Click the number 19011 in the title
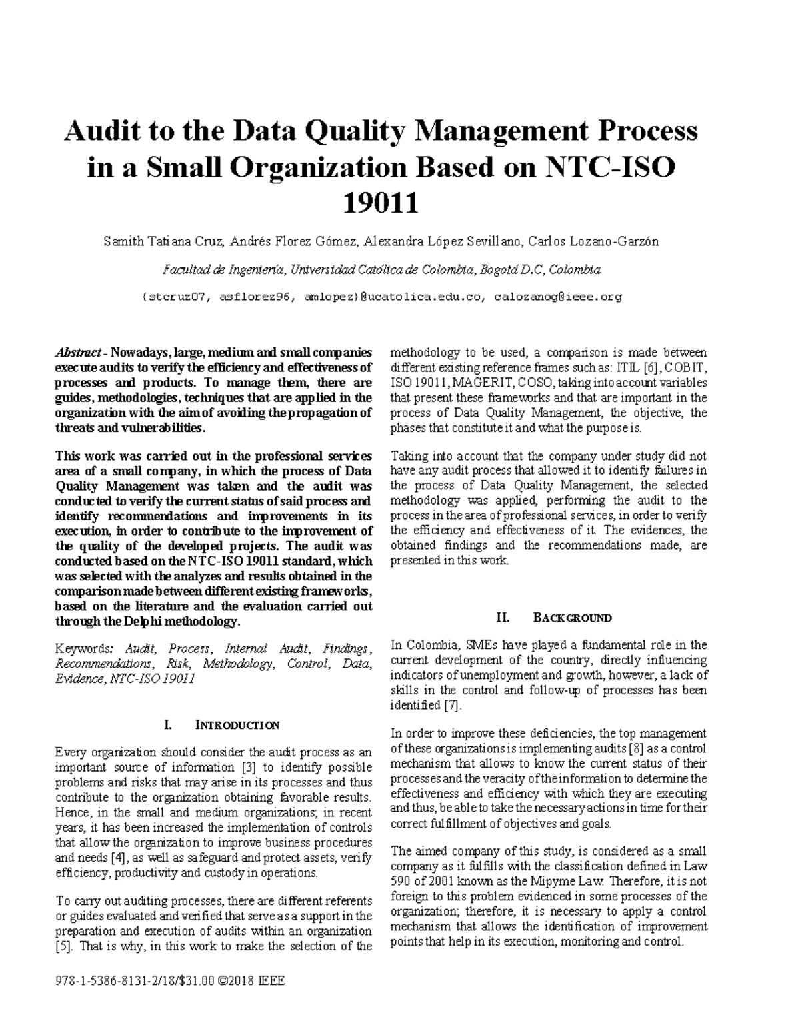(381, 203)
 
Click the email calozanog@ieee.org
(557, 297)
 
